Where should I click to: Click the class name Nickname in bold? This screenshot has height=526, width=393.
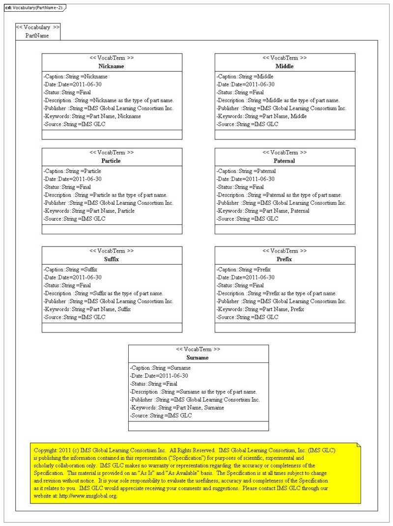(x=111, y=66)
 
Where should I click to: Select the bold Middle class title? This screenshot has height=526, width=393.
(x=284, y=66)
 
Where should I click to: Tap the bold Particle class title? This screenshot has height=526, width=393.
(x=111, y=161)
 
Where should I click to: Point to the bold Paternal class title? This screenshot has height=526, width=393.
(x=284, y=161)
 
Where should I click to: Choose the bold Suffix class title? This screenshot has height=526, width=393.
(x=112, y=259)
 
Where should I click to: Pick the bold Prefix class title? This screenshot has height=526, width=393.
(x=284, y=259)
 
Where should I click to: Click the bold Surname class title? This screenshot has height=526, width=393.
(x=197, y=358)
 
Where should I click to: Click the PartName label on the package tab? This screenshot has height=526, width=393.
(x=37, y=35)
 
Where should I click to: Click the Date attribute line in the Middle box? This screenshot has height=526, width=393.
(x=245, y=84)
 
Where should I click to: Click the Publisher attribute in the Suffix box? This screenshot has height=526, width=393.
(x=108, y=301)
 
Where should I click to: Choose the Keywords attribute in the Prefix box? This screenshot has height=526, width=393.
(x=260, y=309)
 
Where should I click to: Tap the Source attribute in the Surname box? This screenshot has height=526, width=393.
(x=161, y=415)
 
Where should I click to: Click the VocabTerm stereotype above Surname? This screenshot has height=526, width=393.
(x=198, y=349)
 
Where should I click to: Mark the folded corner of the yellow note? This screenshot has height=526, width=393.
(x=359, y=444)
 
